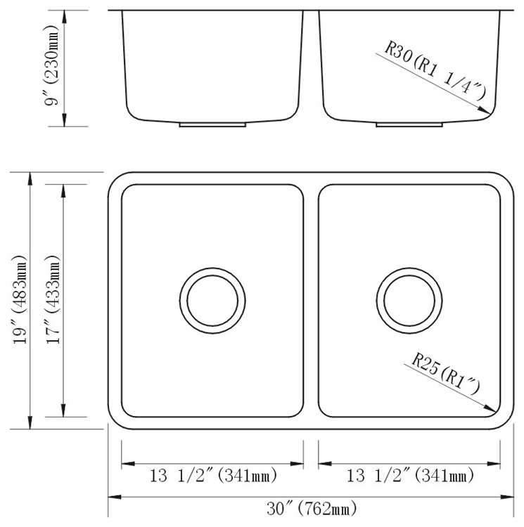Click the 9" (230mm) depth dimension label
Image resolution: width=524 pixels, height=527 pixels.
tap(51, 69)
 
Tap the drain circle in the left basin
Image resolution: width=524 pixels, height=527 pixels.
tap(212, 297)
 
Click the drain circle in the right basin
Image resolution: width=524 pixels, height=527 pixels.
tap(409, 297)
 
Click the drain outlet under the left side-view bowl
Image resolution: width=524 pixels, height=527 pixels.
tap(212, 124)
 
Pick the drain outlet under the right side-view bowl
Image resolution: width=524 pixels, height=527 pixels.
tap(409, 124)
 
